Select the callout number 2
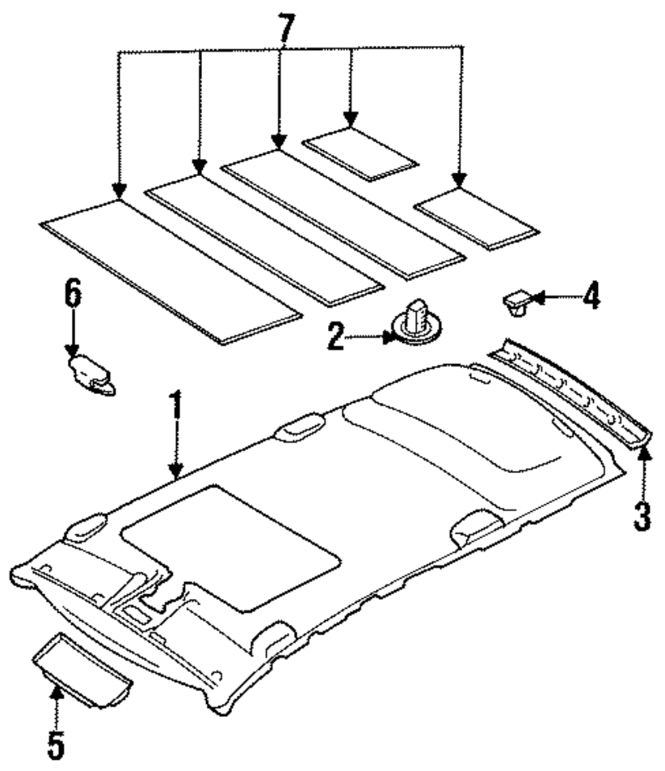(335, 338)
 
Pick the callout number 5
(57, 745)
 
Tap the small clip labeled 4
(516, 304)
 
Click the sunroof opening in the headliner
(229, 545)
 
